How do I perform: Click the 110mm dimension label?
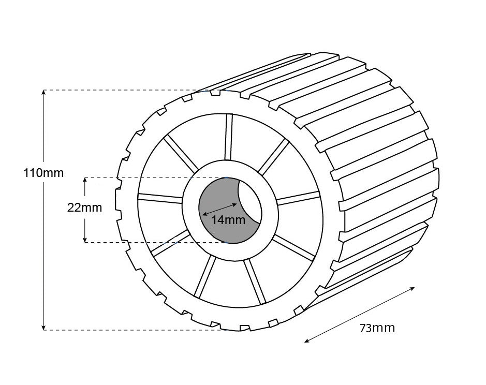[43, 173]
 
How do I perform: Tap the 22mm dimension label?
[84, 208]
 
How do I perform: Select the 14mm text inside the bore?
[228, 220]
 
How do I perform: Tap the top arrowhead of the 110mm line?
[44, 92]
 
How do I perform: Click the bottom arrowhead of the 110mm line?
[44, 327]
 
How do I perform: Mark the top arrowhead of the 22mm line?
[85, 180]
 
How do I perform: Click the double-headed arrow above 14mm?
[219, 206]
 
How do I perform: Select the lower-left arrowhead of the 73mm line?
[306, 340]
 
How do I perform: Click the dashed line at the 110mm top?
[119, 90]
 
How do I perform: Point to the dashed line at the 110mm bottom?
[129, 330]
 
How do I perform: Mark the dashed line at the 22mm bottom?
[155, 242]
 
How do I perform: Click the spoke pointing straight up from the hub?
[229, 137]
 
